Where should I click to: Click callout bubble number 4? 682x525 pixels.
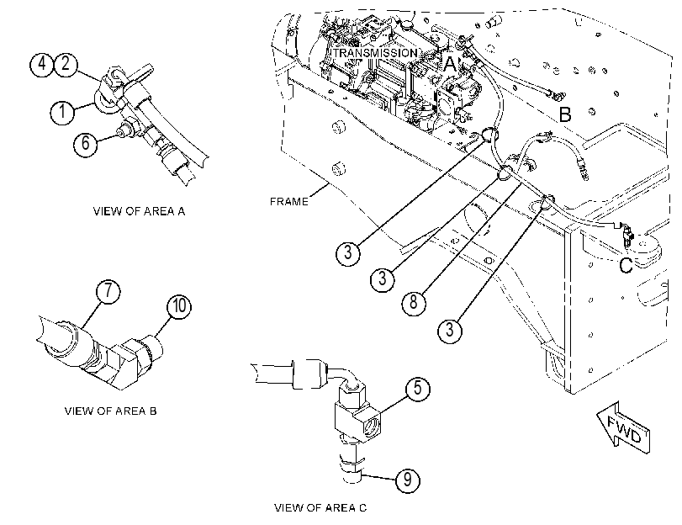pyautogui.click(x=41, y=65)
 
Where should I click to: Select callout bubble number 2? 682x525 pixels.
pyautogui.click(x=66, y=65)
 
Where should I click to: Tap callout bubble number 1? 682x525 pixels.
pyautogui.click(x=62, y=112)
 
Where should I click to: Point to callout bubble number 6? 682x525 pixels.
pyautogui.click(x=85, y=143)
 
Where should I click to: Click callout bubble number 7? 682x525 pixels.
pyautogui.click(x=108, y=291)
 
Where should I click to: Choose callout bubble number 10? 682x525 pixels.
pyautogui.click(x=179, y=306)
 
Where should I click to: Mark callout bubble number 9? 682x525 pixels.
pyautogui.click(x=408, y=480)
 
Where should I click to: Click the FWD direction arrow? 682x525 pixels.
pyautogui.click(x=624, y=429)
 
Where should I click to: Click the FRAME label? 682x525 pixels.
pyautogui.click(x=288, y=202)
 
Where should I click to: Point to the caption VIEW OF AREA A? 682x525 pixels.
pyautogui.click(x=139, y=211)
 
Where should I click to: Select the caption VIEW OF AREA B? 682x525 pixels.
pyautogui.click(x=110, y=411)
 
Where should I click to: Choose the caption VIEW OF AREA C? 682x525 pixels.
pyautogui.click(x=320, y=508)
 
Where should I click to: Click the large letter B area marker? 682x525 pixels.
pyautogui.click(x=564, y=114)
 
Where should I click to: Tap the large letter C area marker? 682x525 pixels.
pyautogui.click(x=626, y=265)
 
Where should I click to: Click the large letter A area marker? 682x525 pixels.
pyautogui.click(x=450, y=64)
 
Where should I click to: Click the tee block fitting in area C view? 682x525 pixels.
pyautogui.click(x=357, y=418)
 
